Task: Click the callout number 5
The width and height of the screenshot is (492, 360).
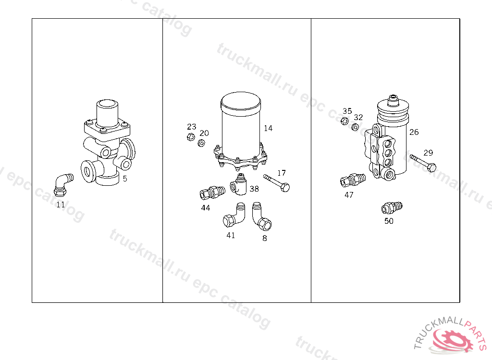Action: pos(125,179)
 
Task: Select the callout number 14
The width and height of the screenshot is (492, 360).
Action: pos(268,128)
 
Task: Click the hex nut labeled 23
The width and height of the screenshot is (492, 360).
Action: pos(190,137)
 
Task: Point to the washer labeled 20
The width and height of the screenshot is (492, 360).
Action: pos(201,144)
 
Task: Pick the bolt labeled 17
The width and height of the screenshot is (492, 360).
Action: pos(276,183)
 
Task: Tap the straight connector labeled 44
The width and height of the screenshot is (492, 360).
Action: pos(212,192)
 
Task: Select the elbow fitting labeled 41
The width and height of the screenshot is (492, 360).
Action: pos(234,216)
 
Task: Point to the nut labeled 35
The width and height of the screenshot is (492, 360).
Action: pos(344,121)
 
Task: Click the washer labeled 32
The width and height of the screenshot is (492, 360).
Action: pos(355,127)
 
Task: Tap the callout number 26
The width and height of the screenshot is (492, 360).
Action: pos(414,132)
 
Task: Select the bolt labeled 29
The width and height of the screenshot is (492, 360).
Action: pos(423,162)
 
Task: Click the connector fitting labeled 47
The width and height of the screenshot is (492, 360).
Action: pos(353,180)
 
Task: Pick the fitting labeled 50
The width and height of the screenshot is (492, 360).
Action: pos(392,207)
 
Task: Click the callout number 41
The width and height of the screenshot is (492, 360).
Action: pos(231,235)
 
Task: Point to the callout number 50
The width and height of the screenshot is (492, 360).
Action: pos(389,221)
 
